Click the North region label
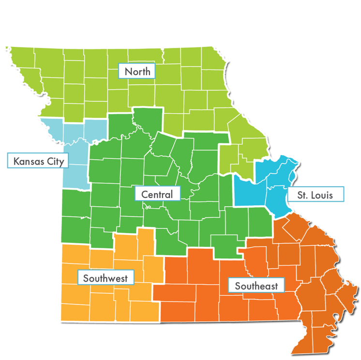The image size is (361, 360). tap(137, 72)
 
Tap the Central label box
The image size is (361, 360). tap(157, 195)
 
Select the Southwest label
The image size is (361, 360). tap(105, 278)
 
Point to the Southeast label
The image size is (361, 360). tap(256, 286)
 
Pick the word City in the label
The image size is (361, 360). tap(55, 161)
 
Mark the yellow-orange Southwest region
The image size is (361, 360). tap(111, 300)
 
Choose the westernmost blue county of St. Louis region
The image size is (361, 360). tap(244, 191)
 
